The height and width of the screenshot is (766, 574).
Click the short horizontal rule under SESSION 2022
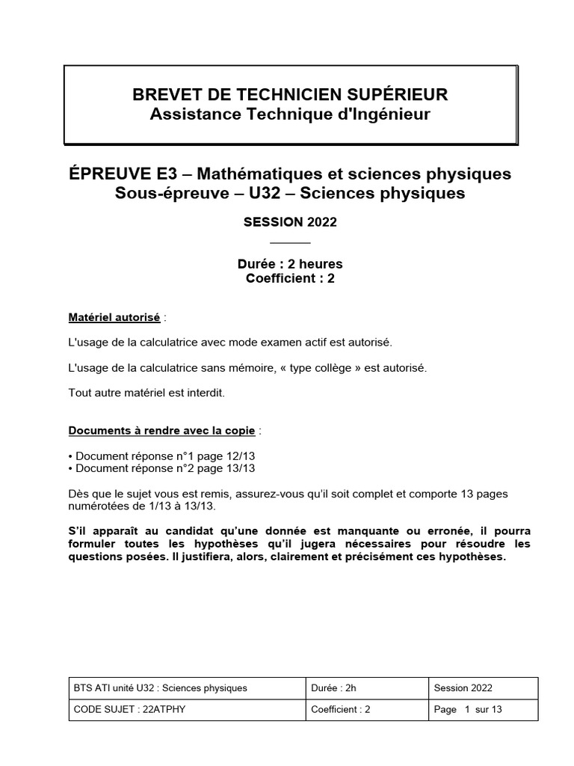tap(289, 242)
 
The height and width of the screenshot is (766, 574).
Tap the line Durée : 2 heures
tap(289, 264)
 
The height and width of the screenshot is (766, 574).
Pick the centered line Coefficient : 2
tap(289, 279)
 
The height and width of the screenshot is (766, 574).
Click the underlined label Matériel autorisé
tap(114, 317)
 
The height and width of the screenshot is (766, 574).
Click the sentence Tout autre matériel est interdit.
tap(146, 392)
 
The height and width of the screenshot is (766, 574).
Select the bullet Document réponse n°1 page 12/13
tap(162, 455)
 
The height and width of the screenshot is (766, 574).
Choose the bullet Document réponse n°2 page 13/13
tap(162, 468)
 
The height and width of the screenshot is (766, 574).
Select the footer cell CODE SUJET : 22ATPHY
tap(129, 710)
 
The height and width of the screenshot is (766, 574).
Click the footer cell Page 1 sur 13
tap(468, 710)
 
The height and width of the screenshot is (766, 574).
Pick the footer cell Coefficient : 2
tap(341, 710)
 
